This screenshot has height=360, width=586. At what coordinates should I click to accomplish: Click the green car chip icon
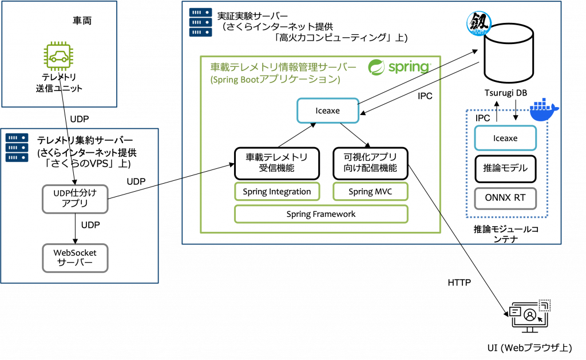(58, 56)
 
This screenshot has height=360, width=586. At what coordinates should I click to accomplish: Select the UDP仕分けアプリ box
(75, 199)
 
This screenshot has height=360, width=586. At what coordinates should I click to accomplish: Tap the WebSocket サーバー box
(75, 258)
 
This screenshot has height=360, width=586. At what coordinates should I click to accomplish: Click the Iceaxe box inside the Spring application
(328, 110)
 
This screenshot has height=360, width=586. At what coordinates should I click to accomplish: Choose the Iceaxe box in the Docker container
(505, 139)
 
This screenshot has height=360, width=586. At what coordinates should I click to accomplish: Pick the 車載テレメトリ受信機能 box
(277, 163)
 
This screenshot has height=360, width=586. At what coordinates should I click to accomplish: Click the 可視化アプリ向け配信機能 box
(370, 163)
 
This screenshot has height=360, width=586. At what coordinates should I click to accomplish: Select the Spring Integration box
(277, 192)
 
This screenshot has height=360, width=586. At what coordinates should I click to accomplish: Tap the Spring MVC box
(370, 192)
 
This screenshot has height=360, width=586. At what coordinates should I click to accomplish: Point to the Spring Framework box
(321, 214)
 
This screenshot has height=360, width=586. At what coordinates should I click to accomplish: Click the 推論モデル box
(505, 169)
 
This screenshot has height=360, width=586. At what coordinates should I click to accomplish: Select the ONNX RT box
(505, 198)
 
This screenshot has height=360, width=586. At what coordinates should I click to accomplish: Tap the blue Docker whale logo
(544, 110)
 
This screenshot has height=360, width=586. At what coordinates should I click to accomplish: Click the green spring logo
(399, 68)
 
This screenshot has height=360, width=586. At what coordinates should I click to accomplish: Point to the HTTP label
(460, 283)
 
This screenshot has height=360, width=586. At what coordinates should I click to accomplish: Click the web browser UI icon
(529, 317)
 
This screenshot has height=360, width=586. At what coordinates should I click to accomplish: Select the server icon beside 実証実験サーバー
(201, 22)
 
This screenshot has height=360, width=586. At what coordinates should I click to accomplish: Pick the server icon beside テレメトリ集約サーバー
(17, 148)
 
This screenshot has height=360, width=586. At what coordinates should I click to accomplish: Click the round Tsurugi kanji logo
(479, 23)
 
